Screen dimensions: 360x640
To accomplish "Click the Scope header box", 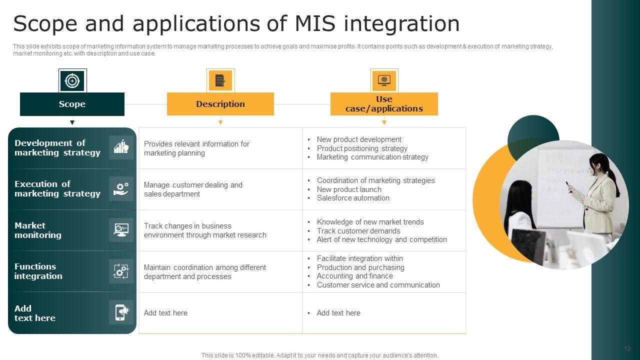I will tap(72, 104).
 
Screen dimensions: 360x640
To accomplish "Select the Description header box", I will tap(220, 104).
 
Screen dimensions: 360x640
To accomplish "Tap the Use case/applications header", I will tap(384, 104).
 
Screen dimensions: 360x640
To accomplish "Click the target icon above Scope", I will tap(72, 80).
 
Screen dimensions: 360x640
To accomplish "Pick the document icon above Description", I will tap(220, 80).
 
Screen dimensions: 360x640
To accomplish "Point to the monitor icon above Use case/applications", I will tap(384, 80).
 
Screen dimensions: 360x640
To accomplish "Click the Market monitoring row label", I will tap(38, 230).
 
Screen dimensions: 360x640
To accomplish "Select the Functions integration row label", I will tap(38, 271).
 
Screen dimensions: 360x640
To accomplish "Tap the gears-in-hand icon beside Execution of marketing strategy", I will tap(121, 188).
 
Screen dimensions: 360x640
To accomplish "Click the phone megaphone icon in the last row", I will tap(121, 312).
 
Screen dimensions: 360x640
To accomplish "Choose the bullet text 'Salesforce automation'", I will tap(353, 198).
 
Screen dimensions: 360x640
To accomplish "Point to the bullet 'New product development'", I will tap(359, 139).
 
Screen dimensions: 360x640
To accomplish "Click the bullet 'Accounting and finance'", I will tap(354, 276).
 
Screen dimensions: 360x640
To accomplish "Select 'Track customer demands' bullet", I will tap(358, 231).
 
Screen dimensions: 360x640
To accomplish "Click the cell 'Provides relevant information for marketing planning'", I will tap(196, 148).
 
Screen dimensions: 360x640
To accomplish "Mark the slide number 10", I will tap(627, 349).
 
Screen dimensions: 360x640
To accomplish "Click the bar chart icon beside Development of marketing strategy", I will tap(121, 147).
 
